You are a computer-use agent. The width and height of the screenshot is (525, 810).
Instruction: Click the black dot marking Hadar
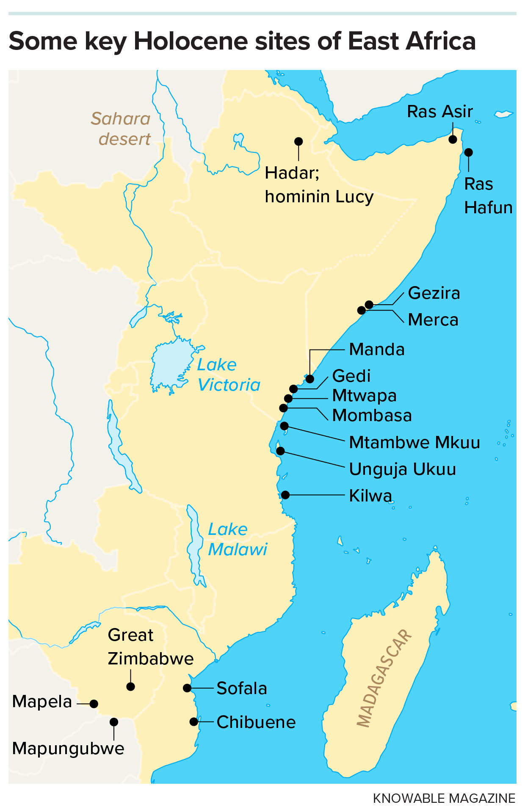(298, 141)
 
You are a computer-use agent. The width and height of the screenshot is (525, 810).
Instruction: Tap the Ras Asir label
(439, 112)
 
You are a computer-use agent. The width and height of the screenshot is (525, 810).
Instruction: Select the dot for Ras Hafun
(468, 152)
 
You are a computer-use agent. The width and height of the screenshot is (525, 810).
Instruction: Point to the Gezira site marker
(369, 305)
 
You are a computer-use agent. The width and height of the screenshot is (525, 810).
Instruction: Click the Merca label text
(433, 320)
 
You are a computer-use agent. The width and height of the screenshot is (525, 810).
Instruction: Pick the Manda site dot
(310, 379)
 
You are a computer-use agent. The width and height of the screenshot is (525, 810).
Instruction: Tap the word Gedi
(351, 376)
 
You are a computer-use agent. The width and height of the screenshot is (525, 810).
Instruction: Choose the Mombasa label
(372, 416)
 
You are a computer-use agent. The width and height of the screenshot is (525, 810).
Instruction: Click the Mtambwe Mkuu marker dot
(284, 426)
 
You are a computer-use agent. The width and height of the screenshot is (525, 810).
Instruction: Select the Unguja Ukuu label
(402, 469)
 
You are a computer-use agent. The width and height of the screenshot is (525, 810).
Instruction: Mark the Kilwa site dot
(285, 495)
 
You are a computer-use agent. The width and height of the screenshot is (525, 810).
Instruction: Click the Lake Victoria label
(228, 375)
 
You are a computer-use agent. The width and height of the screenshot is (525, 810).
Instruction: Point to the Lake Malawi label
(237, 540)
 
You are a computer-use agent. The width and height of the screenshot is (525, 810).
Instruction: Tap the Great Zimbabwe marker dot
(131, 686)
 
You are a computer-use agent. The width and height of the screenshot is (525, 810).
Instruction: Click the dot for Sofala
(187, 688)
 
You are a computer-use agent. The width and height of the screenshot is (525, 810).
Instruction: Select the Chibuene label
(256, 722)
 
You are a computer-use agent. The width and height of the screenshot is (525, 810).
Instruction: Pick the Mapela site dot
(94, 704)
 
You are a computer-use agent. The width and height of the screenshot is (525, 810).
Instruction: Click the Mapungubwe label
(68, 749)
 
